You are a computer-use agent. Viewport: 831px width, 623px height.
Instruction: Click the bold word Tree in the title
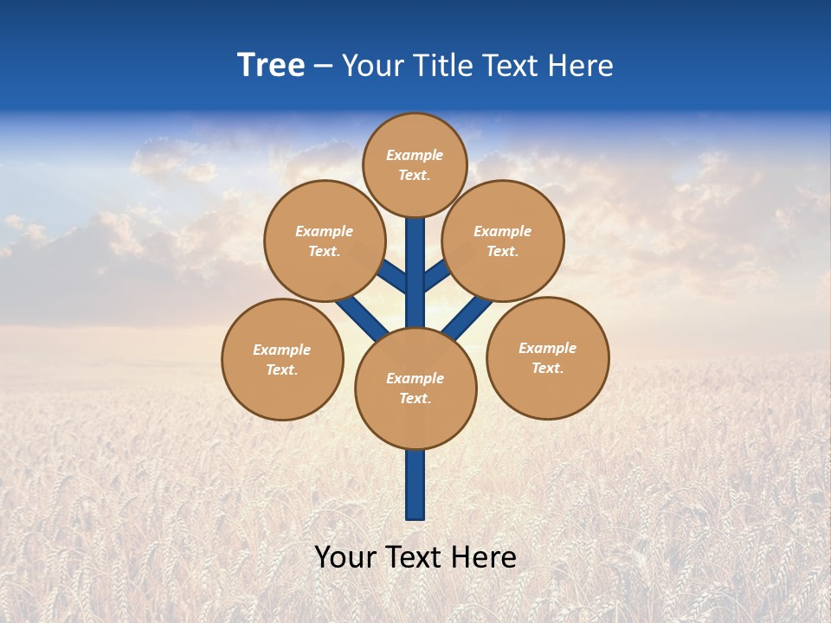pyautogui.click(x=271, y=66)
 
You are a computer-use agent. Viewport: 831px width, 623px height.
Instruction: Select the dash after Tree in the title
pyautogui.click(x=323, y=67)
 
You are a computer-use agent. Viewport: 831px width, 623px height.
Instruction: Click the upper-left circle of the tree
pyautogui.click(x=324, y=241)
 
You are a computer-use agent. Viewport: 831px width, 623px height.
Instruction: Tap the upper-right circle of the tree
pyautogui.click(x=502, y=241)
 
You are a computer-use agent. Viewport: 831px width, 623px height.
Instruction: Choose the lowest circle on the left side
pyautogui.click(x=282, y=359)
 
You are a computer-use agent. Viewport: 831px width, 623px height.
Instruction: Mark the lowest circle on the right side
pyautogui.click(x=548, y=357)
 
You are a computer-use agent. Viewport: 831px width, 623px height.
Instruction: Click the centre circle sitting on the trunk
pyautogui.click(x=415, y=389)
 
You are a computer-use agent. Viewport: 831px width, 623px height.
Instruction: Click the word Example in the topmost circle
pyautogui.click(x=415, y=155)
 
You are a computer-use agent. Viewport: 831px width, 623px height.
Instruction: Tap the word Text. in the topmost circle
pyautogui.click(x=415, y=175)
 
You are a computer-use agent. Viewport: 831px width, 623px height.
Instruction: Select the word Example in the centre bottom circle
pyautogui.click(x=415, y=378)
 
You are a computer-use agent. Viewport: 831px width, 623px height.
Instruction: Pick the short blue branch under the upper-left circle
pyautogui.click(x=391, y=277)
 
